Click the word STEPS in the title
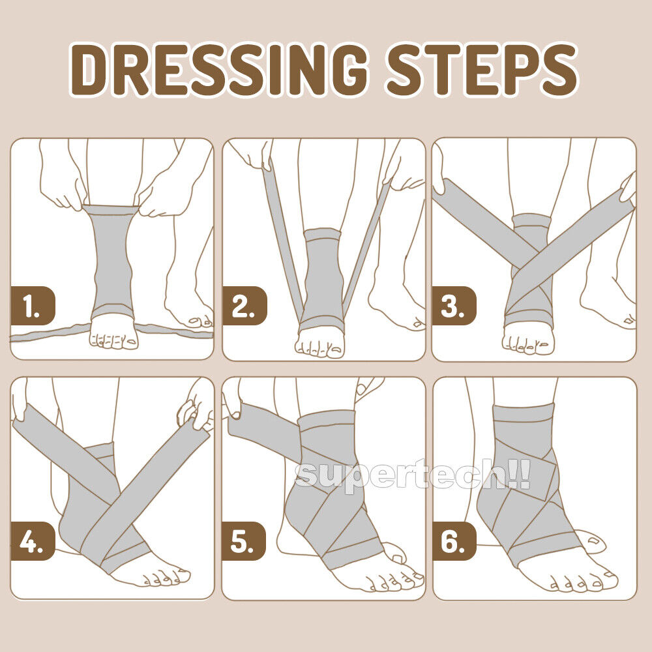point(482,70)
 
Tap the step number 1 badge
point(33,306)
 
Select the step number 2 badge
point(244,306)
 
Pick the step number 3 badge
point(454,306)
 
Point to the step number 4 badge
point(33,541)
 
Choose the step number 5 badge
point(244,541)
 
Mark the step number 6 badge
point(454,541)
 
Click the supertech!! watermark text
point(413,475)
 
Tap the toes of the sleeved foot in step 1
point(114,341)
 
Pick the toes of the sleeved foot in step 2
point(319,349)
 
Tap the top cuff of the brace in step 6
point(524,412)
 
